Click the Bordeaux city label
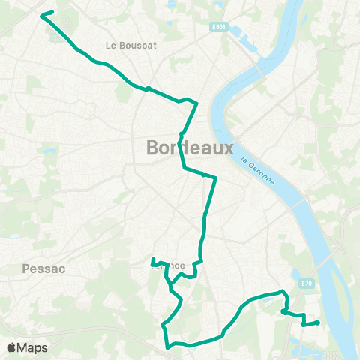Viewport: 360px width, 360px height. coord(190,148)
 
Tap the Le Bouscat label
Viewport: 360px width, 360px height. coord(130,45)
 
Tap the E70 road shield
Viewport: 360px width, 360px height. coord(307,283)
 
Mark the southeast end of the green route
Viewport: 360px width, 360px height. coord(319,322)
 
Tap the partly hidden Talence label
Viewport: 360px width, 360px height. coord(175,265)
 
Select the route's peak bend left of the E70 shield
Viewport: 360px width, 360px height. coord(282,291)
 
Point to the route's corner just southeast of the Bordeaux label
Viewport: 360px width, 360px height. coord(216,178)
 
